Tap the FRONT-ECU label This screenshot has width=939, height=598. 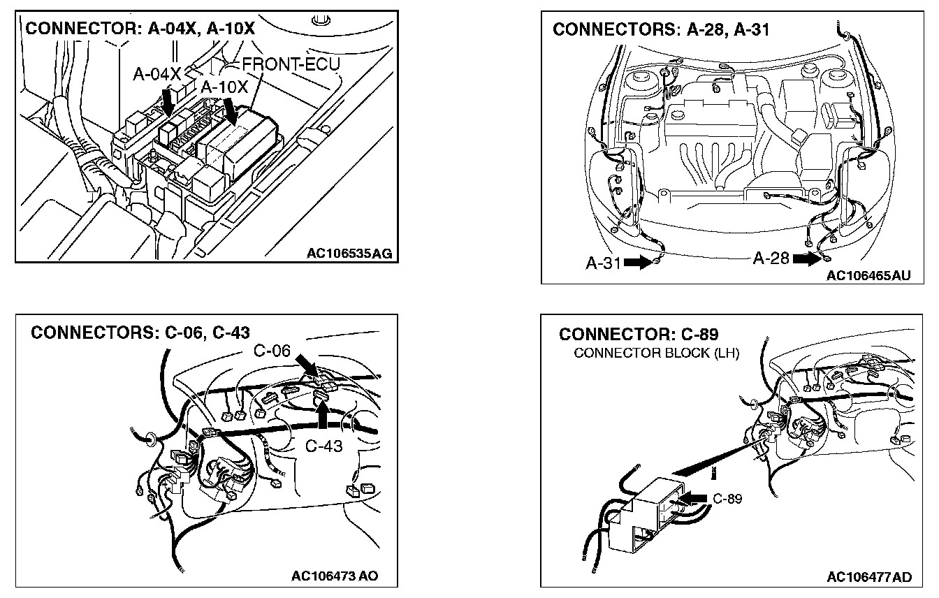pos(291,65)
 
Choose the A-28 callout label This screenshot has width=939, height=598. pos(771,258)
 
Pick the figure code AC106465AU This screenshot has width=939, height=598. pos(868,275)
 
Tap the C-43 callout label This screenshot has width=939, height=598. pos(324,445)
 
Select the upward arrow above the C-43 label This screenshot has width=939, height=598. pos(323,414)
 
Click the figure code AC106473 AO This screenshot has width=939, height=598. pos(335,576)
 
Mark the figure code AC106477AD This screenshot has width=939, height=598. pos(868,577)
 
